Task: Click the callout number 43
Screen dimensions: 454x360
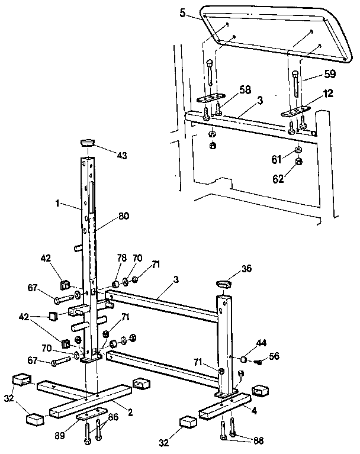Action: point(121,156)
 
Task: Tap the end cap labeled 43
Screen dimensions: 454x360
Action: point(87,142)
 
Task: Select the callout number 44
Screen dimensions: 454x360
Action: point(261,343)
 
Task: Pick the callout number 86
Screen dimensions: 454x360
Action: point(113,417)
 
